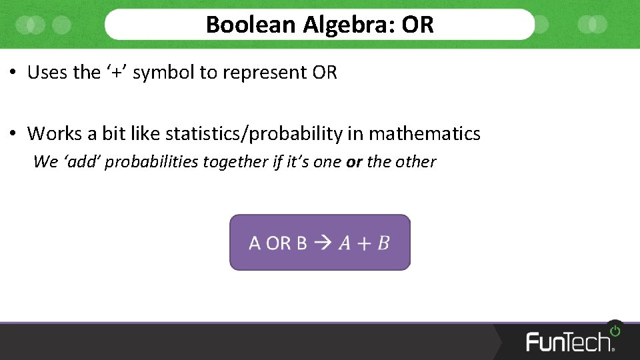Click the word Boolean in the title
251,25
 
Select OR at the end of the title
418,25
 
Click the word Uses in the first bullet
47,73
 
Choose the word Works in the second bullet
55,134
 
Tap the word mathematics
425,134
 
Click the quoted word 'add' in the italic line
81,162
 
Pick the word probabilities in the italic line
151,162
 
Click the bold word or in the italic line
353,162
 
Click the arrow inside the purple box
322,243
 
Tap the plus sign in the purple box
363,243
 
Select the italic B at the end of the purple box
383,243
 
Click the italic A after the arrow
345,243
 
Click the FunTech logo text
569,341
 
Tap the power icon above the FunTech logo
615,330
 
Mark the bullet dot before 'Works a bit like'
13,134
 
